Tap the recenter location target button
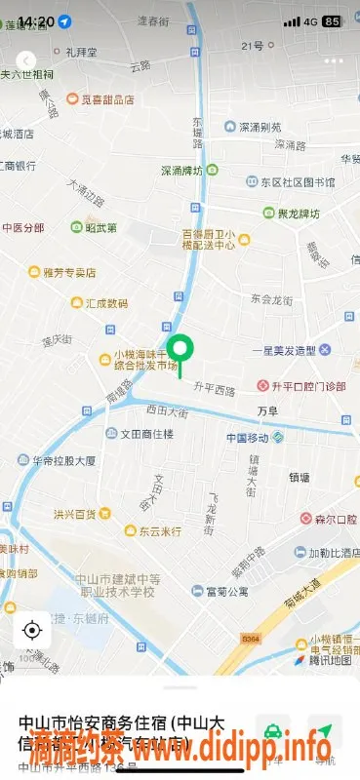pos(31,629)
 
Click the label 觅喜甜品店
pos(107,98)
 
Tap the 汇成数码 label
pos(106,303)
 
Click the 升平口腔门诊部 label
pos(307,386)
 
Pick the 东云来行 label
pos(159,531)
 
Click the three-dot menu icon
pos(335,60)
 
